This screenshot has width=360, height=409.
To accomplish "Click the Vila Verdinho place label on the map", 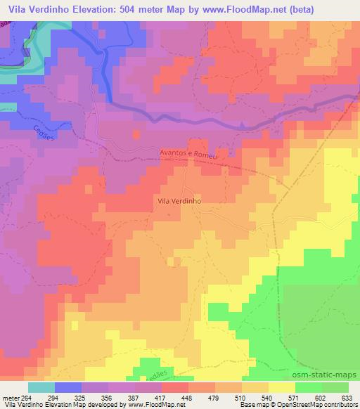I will (179, 200).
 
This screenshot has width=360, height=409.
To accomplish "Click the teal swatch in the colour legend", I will (41, 387).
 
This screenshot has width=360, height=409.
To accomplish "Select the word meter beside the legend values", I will (10, 398).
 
